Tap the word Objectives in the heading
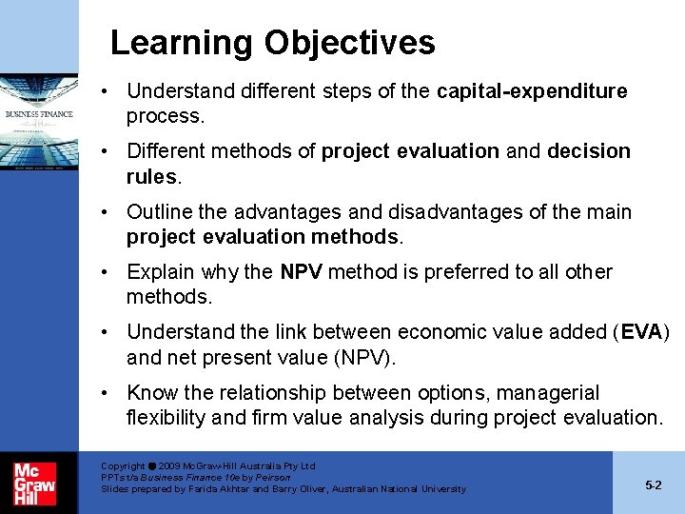(349, 44)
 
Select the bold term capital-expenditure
(532, 91)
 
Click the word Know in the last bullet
(150, 393)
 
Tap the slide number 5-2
(653, 484)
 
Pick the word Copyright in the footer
(123, 466)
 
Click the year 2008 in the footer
(174, 466)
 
